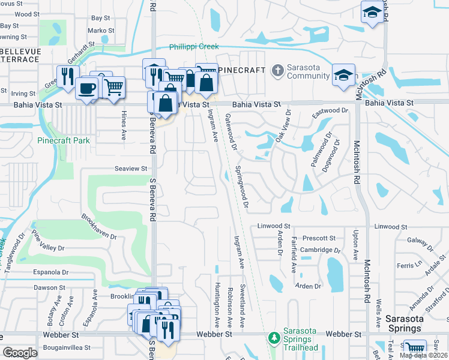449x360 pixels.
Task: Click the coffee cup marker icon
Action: [88, 88]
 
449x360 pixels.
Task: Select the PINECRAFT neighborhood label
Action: [241, 70]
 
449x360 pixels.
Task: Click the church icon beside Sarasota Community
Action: [277, 71]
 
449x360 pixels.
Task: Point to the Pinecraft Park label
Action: [63, 140]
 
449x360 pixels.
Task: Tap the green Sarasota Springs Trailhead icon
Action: [274, 338]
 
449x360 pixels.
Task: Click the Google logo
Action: [20, 353]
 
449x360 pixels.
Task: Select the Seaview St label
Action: [131, 169]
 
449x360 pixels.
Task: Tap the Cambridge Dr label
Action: [321, 250]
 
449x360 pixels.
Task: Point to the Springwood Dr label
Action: [242, 188]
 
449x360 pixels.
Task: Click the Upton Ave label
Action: [355, 245]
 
